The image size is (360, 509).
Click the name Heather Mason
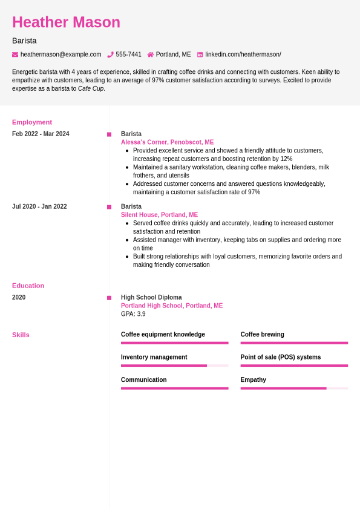coord(66,22)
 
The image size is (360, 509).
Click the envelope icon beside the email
coord(15,54)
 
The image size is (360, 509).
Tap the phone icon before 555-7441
coord(110,54)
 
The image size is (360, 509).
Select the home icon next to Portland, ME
coord(151,54)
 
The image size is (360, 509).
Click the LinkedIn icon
coord(200,54)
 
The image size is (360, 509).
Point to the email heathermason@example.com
coord(61,54)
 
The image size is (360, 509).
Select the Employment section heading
coord(32,122)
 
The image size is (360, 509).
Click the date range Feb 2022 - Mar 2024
coord(41,134)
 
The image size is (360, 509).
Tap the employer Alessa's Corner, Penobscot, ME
coord(167,142)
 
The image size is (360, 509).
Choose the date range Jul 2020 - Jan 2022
coord(39,206)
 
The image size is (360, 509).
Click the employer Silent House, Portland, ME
coord(159,215)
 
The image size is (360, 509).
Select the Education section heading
coord(28,286)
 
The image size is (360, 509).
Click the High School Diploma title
coord(151,297)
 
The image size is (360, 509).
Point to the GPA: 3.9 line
coord(133,314)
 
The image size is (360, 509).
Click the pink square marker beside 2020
coord(109,298)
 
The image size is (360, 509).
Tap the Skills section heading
coord(21,335)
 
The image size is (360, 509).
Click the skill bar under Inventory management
coord(174,366)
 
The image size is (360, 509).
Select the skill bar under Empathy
coord(294,388)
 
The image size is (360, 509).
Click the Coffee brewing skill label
coord(262,334)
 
